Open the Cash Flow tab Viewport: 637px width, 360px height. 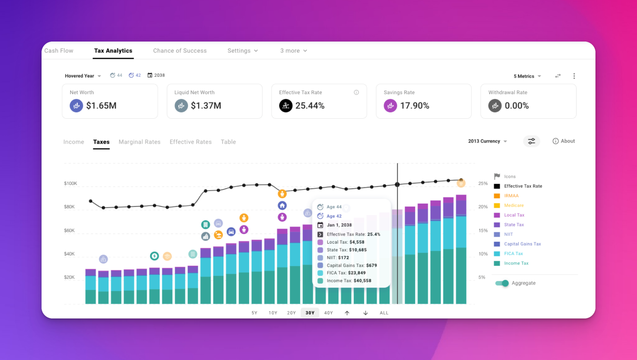[59, 51]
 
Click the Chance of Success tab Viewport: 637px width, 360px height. [180, 51]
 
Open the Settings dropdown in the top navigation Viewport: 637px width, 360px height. [243, 51]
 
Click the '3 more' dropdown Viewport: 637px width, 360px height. [294, 51]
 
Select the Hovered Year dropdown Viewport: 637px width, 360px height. [83, 76]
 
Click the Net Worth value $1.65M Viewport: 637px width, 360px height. [101, 106]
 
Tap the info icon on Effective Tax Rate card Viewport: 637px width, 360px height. [356, 92]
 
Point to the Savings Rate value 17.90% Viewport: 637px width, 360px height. [414, 106]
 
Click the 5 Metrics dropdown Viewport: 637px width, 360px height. [527, 76]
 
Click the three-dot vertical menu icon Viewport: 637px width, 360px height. [574, 76]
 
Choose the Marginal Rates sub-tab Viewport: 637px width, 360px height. [139, 142]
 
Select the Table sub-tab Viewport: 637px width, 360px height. [228, 142]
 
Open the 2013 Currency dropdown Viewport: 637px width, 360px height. [487, 141]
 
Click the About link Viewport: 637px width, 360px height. [564, 141]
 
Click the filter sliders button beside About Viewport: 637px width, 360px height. [531, 141]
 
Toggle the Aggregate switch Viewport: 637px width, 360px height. [502, 283]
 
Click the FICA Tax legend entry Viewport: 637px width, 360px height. [513, 254]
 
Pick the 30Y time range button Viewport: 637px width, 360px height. [310, 313]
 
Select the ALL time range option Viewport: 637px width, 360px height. [384, 313]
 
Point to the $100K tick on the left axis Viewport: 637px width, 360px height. [71, 183]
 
